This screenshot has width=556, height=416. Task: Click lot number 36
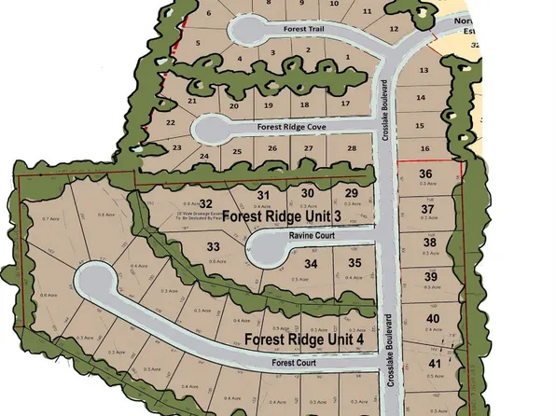point(425,174)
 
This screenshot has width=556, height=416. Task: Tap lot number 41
point(434,362)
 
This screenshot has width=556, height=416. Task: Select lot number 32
point(207,203)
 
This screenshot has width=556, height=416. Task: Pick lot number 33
point(214,247)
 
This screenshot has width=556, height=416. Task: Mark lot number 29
point(352,193)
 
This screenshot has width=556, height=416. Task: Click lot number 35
point(354,264)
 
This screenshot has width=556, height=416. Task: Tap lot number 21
point(192,101)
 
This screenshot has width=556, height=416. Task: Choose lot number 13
point(423,71)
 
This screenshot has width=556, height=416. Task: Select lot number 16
point(424,149)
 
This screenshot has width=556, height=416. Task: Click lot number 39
point(431,277)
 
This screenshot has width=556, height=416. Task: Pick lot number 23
point(176,147)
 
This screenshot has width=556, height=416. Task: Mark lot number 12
point(395,30)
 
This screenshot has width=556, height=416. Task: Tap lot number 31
point(263,193)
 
